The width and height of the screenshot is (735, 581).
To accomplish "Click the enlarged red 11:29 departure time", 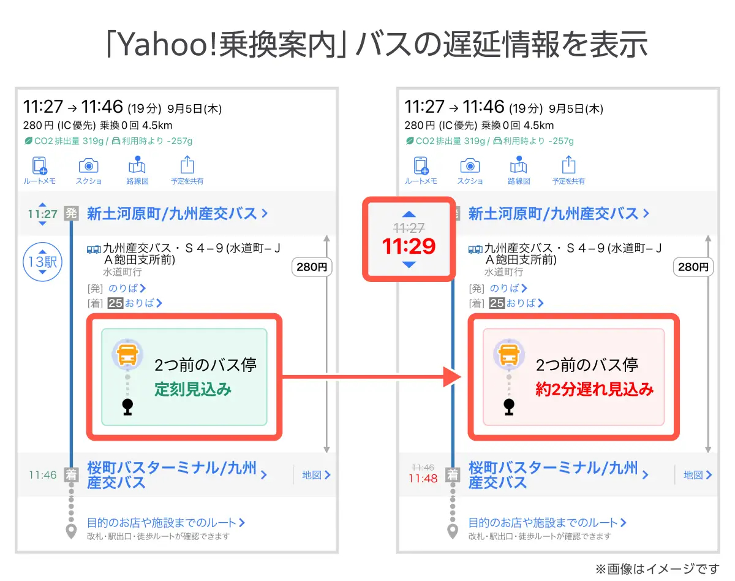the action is coord(409,246).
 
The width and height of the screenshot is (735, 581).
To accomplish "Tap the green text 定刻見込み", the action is coord(193,389).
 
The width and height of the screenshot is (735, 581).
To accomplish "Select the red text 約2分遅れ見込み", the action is coord(595,389).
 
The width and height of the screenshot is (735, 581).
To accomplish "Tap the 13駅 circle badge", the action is coord(42,262).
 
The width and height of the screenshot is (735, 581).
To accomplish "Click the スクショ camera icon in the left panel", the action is coord(88,165).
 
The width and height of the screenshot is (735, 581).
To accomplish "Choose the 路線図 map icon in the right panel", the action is coord(518,165).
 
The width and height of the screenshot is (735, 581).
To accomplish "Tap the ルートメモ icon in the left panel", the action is coord(40,165).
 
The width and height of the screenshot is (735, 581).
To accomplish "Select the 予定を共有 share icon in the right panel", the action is coord(568,165).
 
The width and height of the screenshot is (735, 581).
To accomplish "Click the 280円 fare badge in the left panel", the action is coord(312,267).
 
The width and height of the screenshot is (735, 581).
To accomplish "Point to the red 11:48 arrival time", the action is coord(423,479).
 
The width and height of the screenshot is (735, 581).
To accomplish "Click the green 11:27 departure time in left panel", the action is coord(42,214).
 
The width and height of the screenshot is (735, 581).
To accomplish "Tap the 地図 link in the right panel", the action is coord(698,474).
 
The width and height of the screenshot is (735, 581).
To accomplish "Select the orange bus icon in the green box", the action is coord(127,354).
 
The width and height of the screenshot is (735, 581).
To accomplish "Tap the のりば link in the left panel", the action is coord(127,288).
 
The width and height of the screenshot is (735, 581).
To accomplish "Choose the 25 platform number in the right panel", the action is coord(497,303).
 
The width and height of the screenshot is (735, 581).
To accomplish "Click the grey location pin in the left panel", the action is coord(72,531).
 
